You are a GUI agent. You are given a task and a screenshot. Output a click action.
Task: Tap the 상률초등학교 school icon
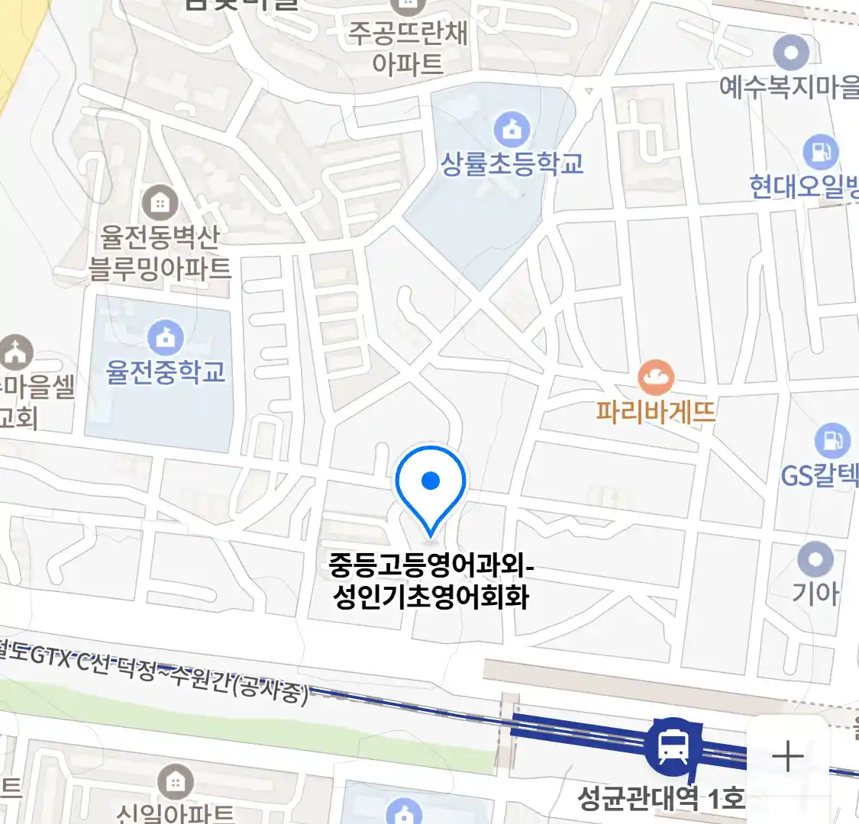coord(512,130)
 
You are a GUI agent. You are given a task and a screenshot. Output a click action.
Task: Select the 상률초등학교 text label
coord(512,164)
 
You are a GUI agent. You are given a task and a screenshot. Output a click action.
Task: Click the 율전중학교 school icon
coord(165,337)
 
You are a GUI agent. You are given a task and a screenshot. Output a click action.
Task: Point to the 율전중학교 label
coord(166,372)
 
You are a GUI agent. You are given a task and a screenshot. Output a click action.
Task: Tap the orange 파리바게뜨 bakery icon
coord(656,378)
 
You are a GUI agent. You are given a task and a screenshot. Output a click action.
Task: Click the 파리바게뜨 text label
coord(656,412)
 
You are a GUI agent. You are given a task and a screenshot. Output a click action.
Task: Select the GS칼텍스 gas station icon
coord(832,440)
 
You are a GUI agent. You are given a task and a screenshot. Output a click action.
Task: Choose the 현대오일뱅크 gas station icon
coord(821,153)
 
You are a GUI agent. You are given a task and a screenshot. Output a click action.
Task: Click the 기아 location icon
coord(815,560)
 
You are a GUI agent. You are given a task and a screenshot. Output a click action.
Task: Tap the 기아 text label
coord(815,593)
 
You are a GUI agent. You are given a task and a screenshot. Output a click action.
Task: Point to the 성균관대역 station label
coord(660,798)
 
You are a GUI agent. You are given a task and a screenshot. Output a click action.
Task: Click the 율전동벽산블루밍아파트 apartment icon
coord(160,203)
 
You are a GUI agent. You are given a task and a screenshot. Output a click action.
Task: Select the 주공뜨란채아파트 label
coord(408,48)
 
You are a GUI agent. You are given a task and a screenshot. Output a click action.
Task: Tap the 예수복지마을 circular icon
coord(790,53)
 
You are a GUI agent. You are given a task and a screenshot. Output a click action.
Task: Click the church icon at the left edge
coord(15,351)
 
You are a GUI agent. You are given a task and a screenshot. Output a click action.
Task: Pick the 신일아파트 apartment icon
coord(175,782)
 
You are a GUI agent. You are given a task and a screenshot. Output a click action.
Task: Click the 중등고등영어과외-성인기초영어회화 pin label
coord(431,581)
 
